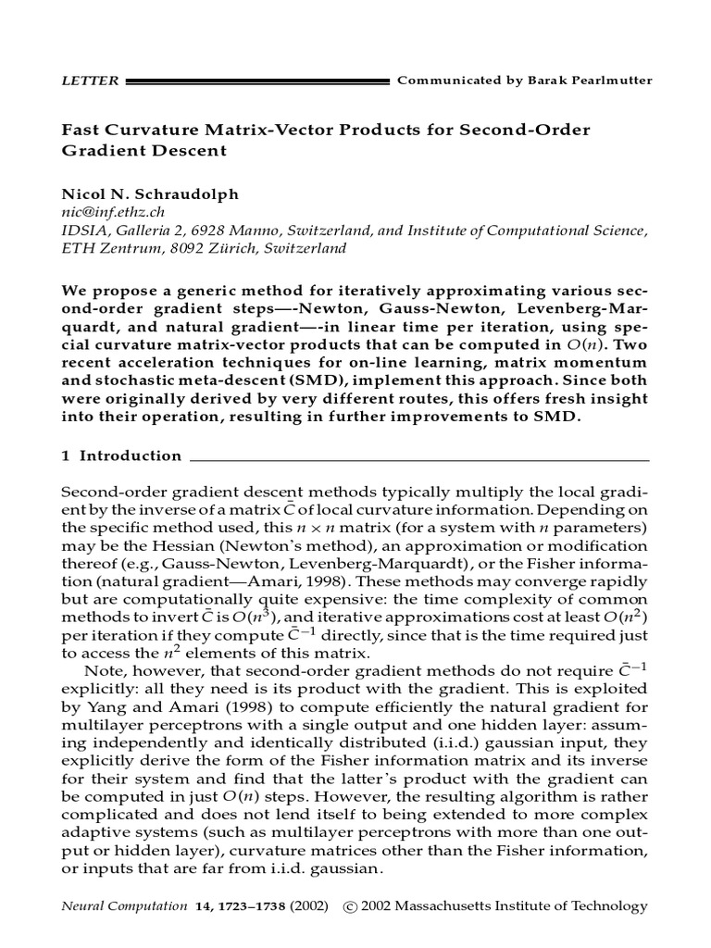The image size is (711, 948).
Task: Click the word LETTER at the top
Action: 89,81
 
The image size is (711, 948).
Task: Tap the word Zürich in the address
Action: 209,248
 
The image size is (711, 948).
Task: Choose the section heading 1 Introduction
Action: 121,455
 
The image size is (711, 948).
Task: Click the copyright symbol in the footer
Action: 350,906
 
